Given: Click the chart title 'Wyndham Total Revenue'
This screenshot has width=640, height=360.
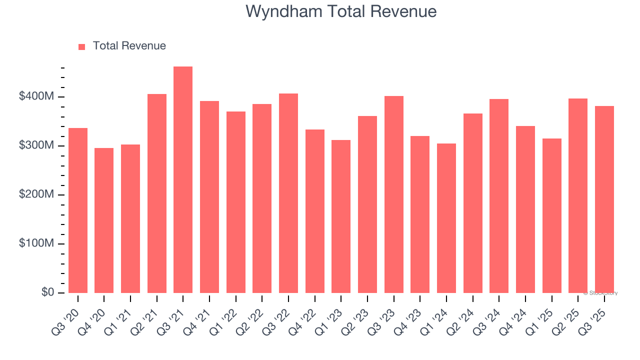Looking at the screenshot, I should (341, 11).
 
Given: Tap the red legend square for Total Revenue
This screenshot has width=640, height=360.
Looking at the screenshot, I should (82, 46).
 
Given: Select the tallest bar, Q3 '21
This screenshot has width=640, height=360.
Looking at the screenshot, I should (183, 180).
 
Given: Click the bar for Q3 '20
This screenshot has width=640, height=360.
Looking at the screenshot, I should (78, 210).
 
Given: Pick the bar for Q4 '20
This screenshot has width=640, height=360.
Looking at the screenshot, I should (104, 220).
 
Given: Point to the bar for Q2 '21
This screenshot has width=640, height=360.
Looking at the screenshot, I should (157, 193).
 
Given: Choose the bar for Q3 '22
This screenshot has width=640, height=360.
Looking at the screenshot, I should (288, 193).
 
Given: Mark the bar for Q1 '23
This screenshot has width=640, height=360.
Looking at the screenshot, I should (341, 216).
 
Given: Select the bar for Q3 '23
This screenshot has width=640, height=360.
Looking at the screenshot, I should (394, 194).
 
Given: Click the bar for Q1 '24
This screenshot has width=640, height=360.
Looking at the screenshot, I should (446, 218).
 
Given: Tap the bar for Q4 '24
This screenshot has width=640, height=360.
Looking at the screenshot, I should (525, 209).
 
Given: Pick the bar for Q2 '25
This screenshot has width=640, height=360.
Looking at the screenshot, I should (578, 195).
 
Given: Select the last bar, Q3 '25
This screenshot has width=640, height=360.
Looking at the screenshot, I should (604, 199).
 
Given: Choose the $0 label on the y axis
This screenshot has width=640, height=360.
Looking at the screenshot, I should (47, 292).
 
